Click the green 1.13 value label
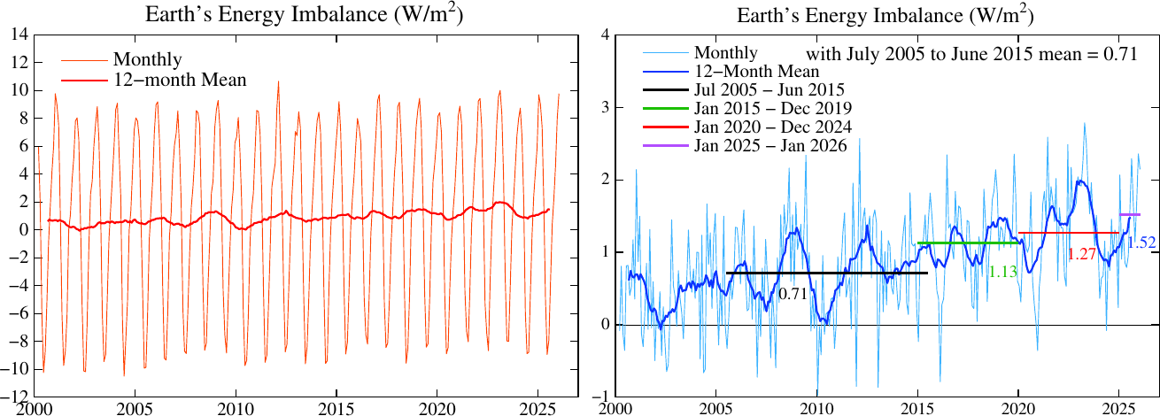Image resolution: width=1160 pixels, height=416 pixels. click(1002, 272)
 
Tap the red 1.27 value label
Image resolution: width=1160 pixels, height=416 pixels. click(1082, 254)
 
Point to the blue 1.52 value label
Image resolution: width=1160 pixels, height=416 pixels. click(1141, 243)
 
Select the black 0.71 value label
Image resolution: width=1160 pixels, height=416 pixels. click(793, 294)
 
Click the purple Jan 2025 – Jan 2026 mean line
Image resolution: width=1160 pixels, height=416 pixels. click(1129, 214)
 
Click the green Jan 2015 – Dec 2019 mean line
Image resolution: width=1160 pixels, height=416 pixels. click(968, 243)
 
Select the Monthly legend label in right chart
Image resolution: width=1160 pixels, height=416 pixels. click(725, 53)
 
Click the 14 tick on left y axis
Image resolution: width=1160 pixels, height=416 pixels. click(20, 35)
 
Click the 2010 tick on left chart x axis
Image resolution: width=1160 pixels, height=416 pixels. click(236, 409)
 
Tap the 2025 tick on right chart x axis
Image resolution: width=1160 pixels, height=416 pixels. click(1119, 409)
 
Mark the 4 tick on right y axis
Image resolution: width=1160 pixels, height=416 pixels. click(604, 35)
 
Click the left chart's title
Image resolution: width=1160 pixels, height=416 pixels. click(304, 14)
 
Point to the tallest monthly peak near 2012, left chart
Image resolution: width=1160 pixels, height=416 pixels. click(278, 81)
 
